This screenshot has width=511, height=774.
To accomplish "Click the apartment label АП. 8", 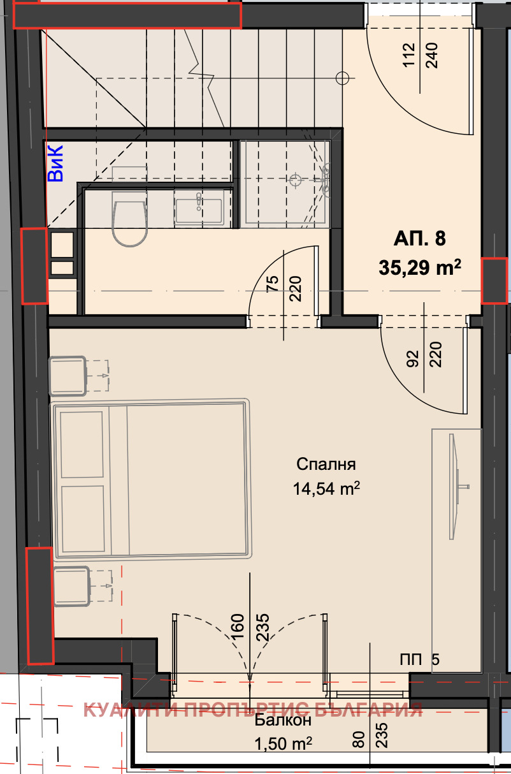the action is click(419, 238).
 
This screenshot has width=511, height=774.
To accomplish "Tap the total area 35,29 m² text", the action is click(419, 267).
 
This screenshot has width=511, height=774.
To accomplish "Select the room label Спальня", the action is click(326, 465).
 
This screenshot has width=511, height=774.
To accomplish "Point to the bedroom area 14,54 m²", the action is click(326, 489).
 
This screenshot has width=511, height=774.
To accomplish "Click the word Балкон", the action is click(283, 720).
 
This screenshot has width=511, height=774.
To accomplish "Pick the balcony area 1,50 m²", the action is click(283, 744).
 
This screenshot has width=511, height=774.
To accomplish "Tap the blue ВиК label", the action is click(55, 163).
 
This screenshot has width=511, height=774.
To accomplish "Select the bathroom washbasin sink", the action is click(199, 207).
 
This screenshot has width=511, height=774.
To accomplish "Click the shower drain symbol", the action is click(295, 180).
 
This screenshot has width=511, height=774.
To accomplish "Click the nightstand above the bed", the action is click(68, 376).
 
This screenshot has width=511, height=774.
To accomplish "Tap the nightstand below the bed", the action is click(72, 586).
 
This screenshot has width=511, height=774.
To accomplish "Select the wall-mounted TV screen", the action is click(456, 486).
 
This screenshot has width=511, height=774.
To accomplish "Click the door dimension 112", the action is click(409, 55).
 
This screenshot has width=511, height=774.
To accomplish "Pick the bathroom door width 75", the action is click(273, 284).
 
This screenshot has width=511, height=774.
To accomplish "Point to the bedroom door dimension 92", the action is click(414, 358).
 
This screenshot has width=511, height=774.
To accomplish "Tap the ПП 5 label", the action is click(420, 660).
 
